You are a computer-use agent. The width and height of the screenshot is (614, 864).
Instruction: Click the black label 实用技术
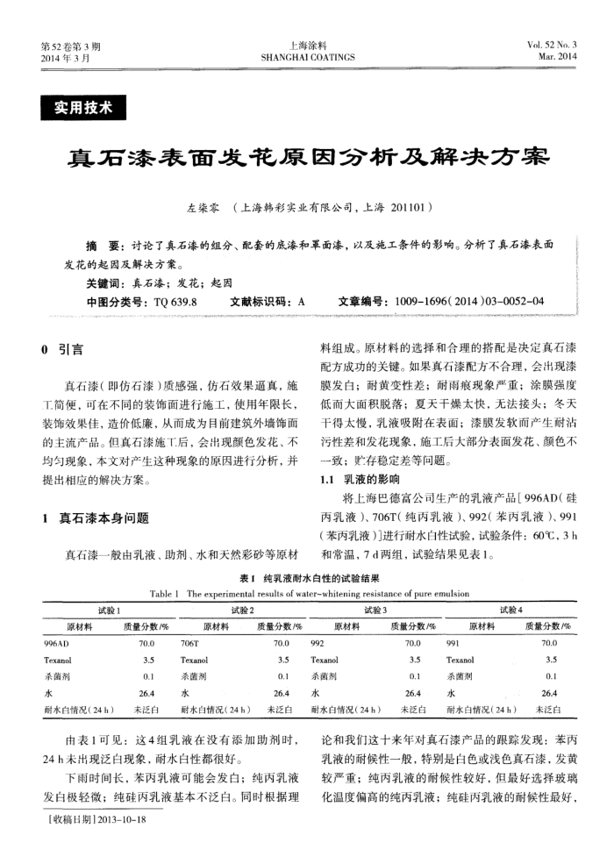click(x=83, y=109)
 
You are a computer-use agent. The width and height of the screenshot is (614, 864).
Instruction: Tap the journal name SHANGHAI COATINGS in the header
click(x=308, y=58)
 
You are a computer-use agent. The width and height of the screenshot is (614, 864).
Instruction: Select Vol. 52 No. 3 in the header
click(x=552, y=45)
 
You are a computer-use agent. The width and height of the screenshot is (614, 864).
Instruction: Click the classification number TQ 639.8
click(x=175, y=301)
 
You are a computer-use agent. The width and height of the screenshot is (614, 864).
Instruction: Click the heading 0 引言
click(x=62, y=350)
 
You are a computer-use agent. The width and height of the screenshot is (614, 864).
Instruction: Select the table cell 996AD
click(x=56, y=643)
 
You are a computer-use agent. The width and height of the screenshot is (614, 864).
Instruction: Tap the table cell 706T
click(x=190, y=643)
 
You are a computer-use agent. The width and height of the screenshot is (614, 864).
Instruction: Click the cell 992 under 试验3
click(x=318, y=643)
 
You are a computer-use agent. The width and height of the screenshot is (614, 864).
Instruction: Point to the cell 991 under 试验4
click(x=453, y=643)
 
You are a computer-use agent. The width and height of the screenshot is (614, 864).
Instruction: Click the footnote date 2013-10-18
click(x=118, y=819)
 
